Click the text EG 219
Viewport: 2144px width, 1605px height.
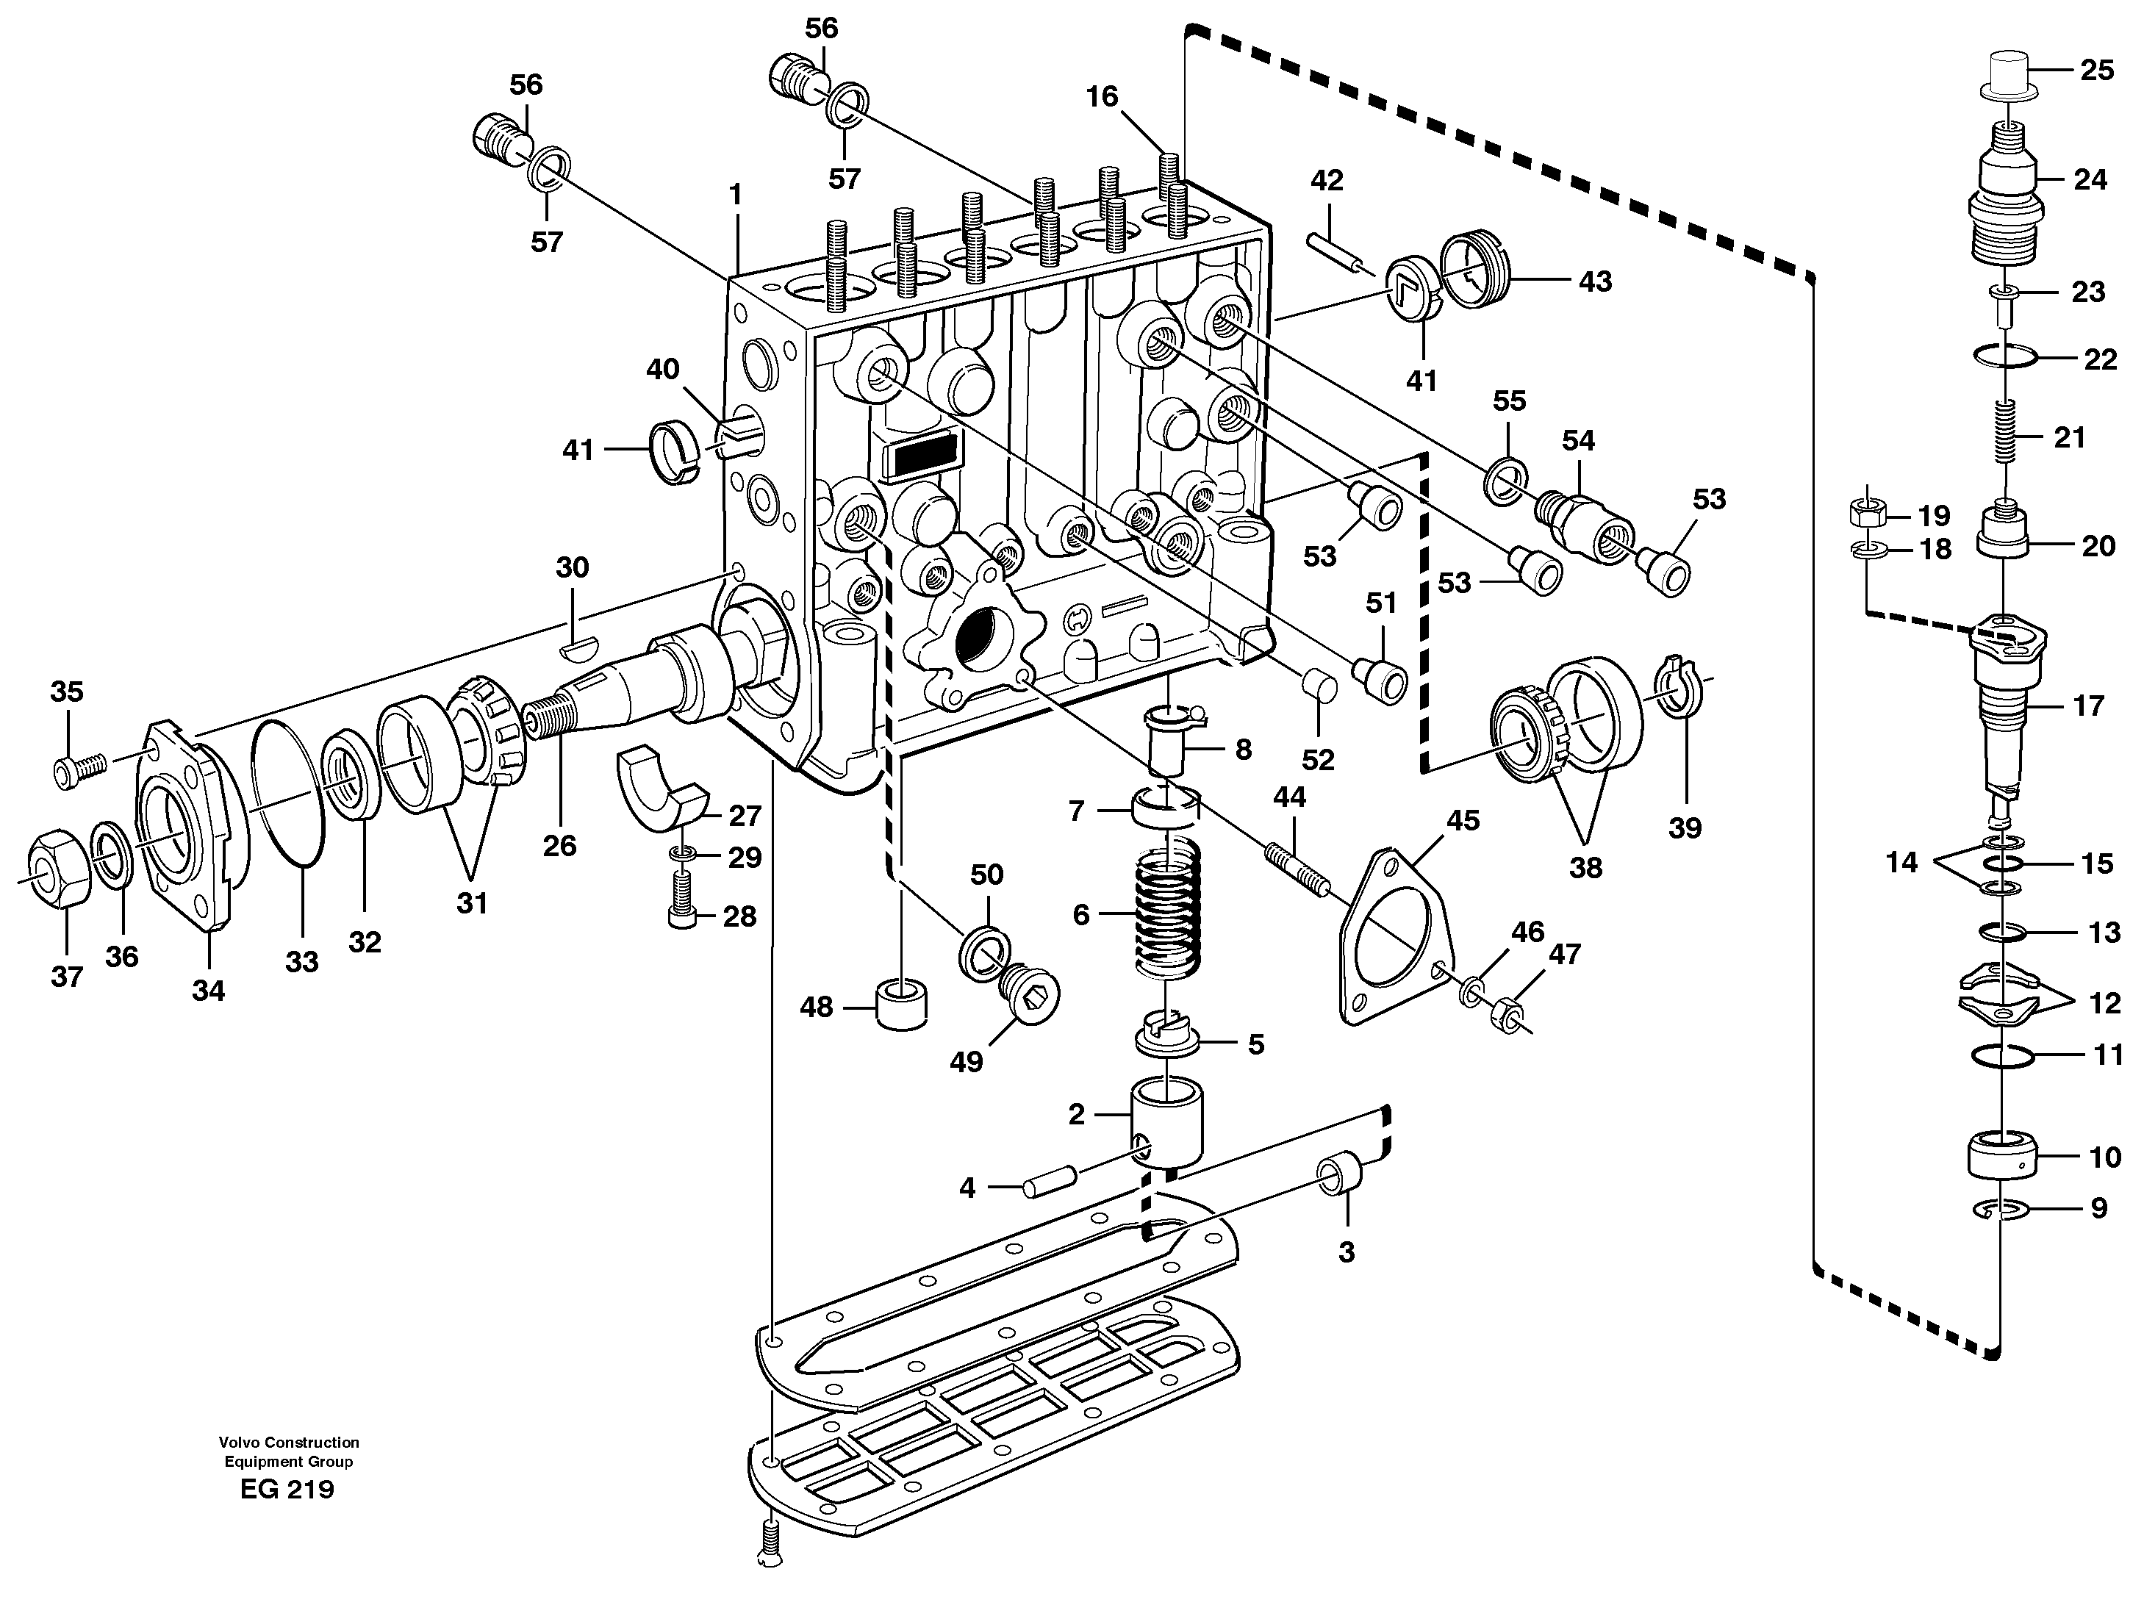click(x=287, y=1490)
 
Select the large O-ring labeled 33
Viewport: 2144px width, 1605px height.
click(x=288, y=793)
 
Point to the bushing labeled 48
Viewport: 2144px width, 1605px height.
click(x=900, y=1005)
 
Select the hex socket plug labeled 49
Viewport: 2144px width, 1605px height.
click(x=1028, y=991)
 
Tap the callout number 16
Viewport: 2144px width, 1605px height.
click(x=1101, y=96)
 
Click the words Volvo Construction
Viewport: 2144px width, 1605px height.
click(x=289, y=1442)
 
